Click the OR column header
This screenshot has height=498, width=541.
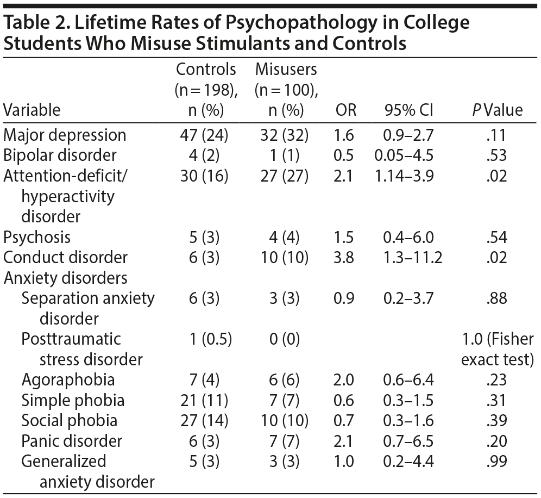point(346,110)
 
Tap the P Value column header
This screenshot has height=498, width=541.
point(497,110)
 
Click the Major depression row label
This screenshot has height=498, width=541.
point(65,135)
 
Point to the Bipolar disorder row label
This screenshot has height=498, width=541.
point(60,155)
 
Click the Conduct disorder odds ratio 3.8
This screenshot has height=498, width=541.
point(346,257)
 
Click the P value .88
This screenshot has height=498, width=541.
point(497,298)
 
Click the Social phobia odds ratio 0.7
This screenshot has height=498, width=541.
point(346,420)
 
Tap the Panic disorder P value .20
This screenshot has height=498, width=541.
point(497,441)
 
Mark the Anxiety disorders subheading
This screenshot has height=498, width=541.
point(65,277)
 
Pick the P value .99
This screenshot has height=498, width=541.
point(497,461)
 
